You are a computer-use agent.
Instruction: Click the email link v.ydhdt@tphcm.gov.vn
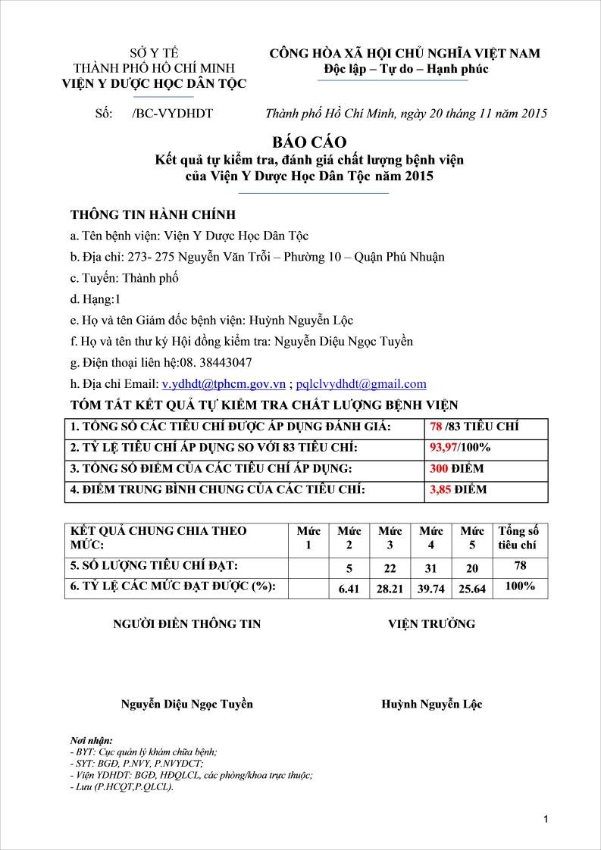[224, 383]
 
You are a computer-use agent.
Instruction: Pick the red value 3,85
[440, 489]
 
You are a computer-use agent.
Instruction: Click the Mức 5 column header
[472, 538]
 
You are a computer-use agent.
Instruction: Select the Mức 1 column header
[308, 538]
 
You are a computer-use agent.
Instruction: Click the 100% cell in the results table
[519, 586]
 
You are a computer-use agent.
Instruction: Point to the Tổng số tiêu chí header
[518, 538]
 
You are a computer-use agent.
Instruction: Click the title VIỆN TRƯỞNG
[431, 623]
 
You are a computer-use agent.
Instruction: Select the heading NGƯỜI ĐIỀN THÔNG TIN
[186, 623]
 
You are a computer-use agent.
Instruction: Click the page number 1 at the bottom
[546, 819]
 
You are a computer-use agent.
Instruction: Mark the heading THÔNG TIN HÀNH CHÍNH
[153, 214]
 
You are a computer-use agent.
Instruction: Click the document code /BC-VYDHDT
[172, 114]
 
